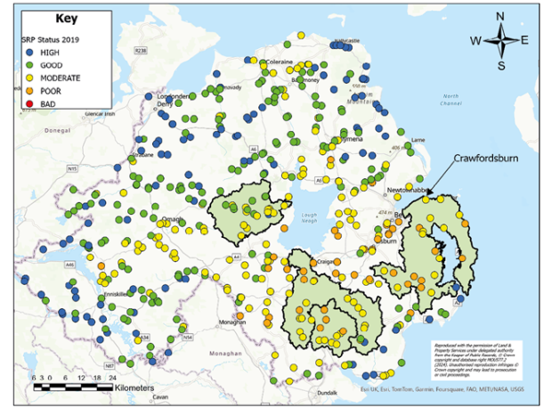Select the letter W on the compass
475,40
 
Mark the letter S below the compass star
502,65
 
